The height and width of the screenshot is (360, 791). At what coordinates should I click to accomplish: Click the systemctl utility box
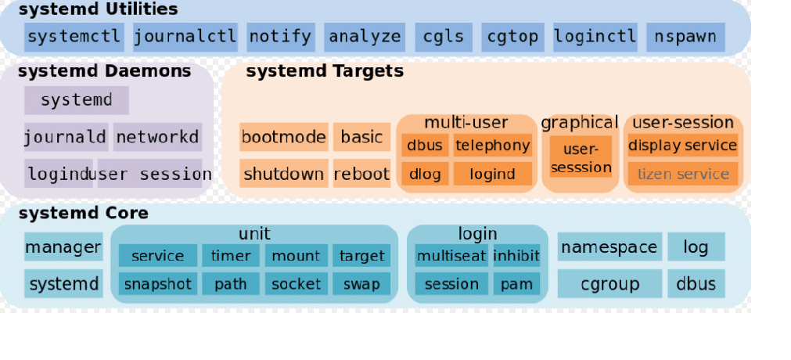point(74,37)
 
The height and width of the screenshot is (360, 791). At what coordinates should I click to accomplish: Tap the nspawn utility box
point(685,37)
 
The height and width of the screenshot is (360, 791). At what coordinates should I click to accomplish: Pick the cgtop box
point(512,37)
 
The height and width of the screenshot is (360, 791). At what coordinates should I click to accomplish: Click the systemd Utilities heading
point(98,10)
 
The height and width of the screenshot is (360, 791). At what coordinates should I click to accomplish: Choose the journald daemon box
point(66,138)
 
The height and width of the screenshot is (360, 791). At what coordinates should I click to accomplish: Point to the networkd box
point(157,138)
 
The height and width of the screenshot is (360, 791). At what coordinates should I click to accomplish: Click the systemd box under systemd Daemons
point(76,100)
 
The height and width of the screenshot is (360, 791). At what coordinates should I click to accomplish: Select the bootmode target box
point(283,137)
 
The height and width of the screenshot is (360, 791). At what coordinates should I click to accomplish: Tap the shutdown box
point(283,174)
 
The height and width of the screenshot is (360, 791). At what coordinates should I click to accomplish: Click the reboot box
point(361,174)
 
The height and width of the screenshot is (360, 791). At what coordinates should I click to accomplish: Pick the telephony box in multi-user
point(492,146)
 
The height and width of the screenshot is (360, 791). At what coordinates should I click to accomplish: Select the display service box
point(682,146)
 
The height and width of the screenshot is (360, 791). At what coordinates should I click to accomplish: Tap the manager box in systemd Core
point(63,248)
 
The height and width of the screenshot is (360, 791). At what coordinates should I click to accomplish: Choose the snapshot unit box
point(158,284)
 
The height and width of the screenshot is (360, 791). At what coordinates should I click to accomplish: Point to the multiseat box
point(451,256)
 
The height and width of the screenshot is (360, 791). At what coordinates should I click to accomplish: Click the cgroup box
point(609,284)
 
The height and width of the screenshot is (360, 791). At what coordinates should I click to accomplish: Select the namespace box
point(609,247)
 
